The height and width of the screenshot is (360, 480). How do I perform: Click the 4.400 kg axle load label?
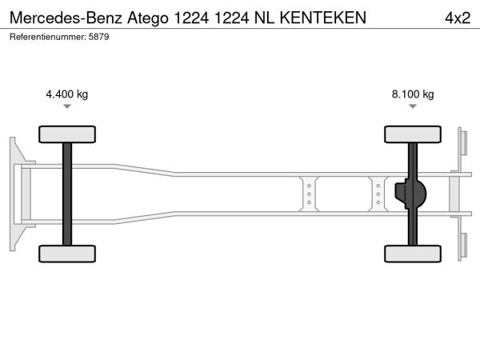point(66,94)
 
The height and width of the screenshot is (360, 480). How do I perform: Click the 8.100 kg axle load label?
point(413,94)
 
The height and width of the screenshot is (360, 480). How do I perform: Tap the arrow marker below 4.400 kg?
point(67,106)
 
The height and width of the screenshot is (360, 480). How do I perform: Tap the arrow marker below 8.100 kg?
point(413,106)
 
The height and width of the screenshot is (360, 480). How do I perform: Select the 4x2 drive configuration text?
point(458,18)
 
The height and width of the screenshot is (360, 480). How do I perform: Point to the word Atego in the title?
point(148,18)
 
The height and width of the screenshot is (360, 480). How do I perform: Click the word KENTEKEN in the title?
point(323,18)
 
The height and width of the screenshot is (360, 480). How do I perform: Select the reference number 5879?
point(98,37)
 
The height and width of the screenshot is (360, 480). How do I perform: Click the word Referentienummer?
point(48,37)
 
